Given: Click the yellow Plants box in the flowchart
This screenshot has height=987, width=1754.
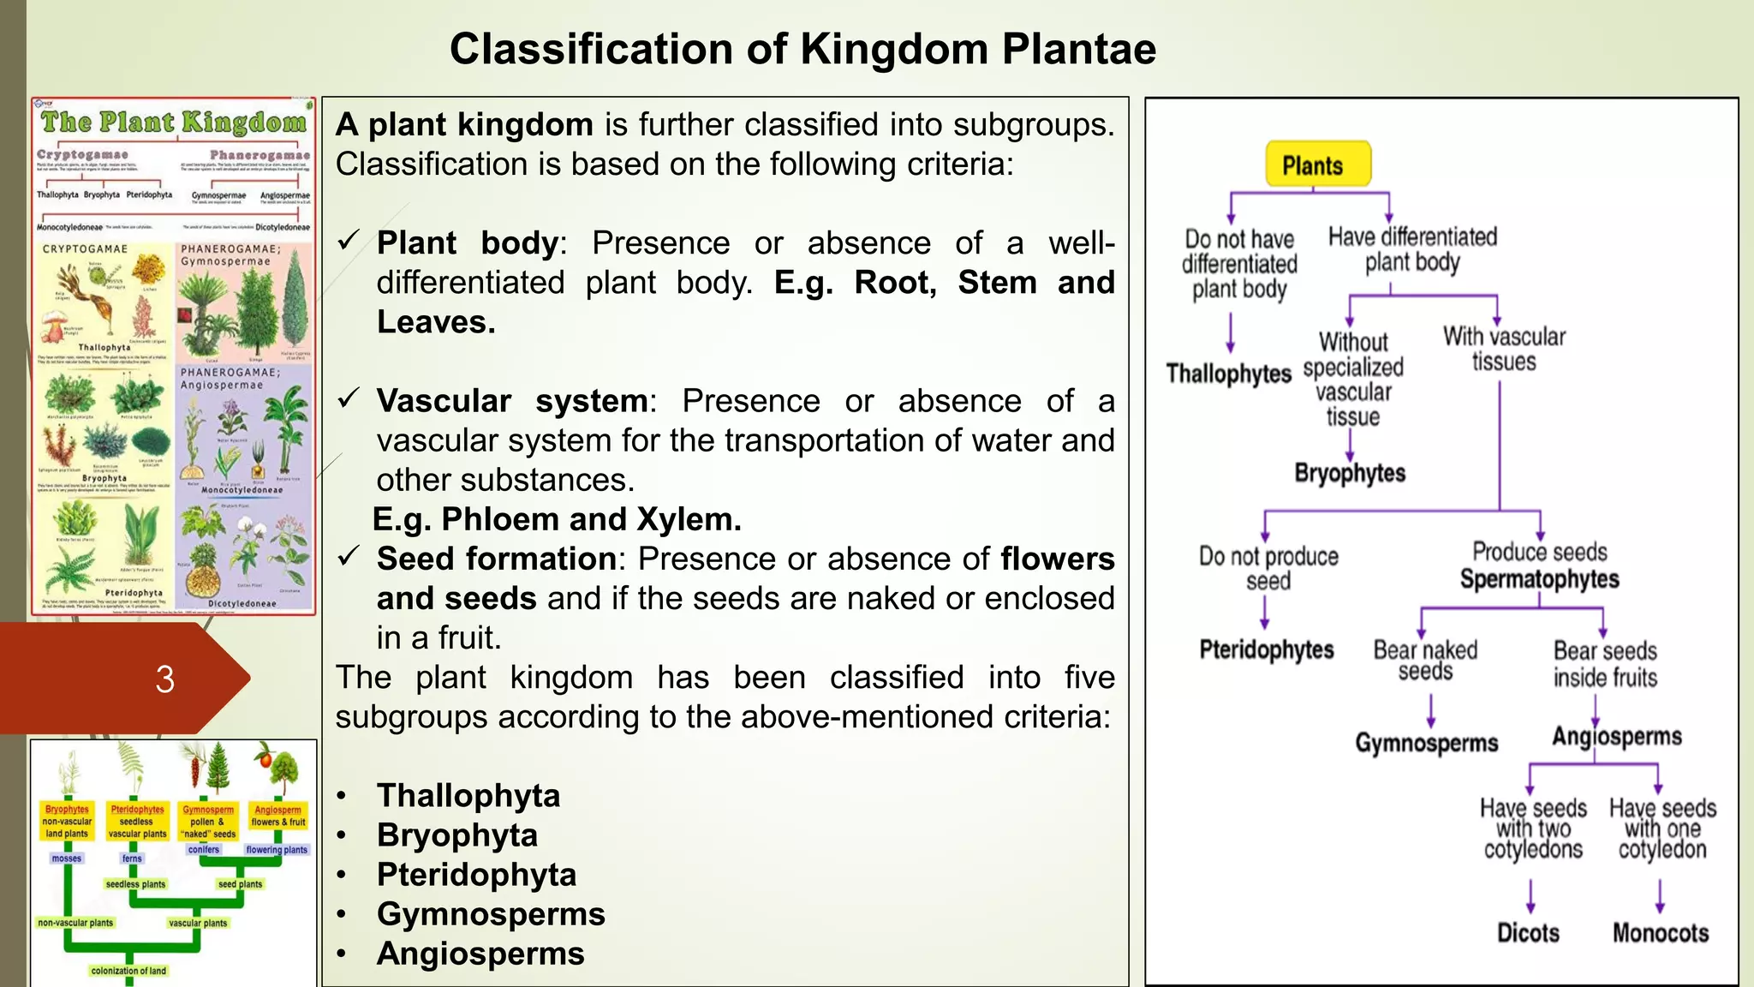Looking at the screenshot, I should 1317,164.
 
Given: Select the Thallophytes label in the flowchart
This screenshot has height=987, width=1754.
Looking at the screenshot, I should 1228,374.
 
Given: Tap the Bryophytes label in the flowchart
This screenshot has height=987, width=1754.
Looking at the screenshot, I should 1350,473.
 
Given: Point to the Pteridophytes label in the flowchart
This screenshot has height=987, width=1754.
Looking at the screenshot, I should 1266,649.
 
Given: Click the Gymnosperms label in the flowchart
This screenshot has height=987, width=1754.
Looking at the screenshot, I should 1426,742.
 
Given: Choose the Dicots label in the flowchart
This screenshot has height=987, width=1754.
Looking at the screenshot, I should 1528,932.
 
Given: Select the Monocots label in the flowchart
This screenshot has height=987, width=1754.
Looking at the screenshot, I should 1660,932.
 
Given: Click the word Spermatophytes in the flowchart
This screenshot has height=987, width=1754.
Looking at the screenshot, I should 1539,579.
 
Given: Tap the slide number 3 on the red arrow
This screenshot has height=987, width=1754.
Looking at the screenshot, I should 164,679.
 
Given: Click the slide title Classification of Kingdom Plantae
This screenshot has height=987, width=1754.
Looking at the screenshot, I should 802,49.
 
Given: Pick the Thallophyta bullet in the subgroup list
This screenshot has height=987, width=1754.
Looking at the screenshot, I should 468,795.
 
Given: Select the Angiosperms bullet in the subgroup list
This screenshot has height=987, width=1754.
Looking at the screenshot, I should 480,954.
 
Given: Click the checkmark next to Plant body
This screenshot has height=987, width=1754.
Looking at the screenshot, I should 349,241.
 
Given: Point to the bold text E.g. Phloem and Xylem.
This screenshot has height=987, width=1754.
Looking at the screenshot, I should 557,519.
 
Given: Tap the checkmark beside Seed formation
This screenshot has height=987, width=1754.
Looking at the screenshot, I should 349,557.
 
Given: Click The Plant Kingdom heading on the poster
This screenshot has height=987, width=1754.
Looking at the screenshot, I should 174,122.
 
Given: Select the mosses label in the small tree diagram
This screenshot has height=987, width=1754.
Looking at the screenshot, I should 66,858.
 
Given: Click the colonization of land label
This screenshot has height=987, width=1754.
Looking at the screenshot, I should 128,971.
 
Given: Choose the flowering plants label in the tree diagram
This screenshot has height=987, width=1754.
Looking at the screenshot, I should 277,850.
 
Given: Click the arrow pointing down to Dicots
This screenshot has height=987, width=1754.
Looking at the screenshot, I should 1530,896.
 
